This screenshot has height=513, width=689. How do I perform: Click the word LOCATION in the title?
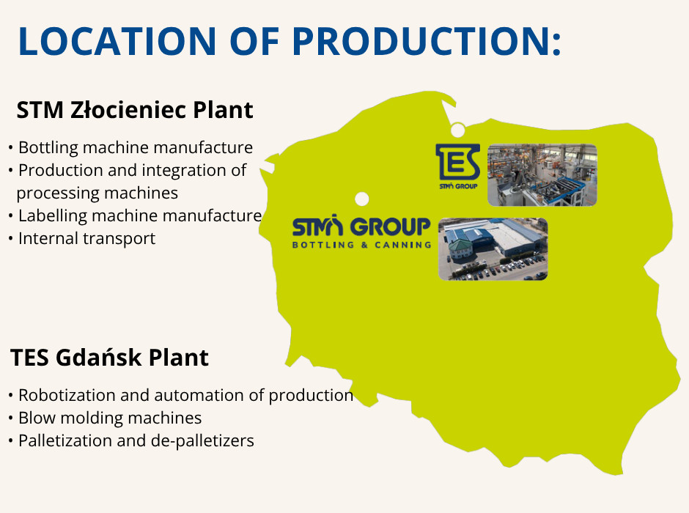click(117, 41)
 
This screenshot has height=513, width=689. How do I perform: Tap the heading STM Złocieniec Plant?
click(134, 110)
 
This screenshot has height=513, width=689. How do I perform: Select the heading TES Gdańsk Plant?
click(109, 358)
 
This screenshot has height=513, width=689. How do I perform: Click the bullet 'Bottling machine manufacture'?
click(136, 147)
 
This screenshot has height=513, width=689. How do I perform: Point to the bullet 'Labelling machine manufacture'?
click(140, 215)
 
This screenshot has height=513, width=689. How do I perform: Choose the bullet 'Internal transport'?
click(86, 238)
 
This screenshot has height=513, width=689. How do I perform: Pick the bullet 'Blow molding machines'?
click(110, 418)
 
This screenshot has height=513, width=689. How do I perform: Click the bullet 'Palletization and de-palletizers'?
click(136, 441)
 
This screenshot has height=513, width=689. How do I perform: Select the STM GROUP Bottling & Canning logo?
click(362, 232)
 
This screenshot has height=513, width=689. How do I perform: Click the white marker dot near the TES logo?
click(458, 130)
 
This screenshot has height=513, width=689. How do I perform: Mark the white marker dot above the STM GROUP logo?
click(361, 199)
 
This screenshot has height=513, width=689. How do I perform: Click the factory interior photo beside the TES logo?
click(542, 175)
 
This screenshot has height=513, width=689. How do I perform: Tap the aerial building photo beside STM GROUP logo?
click(493, 249)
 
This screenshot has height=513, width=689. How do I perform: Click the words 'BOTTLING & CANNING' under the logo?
click(362, 245)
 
